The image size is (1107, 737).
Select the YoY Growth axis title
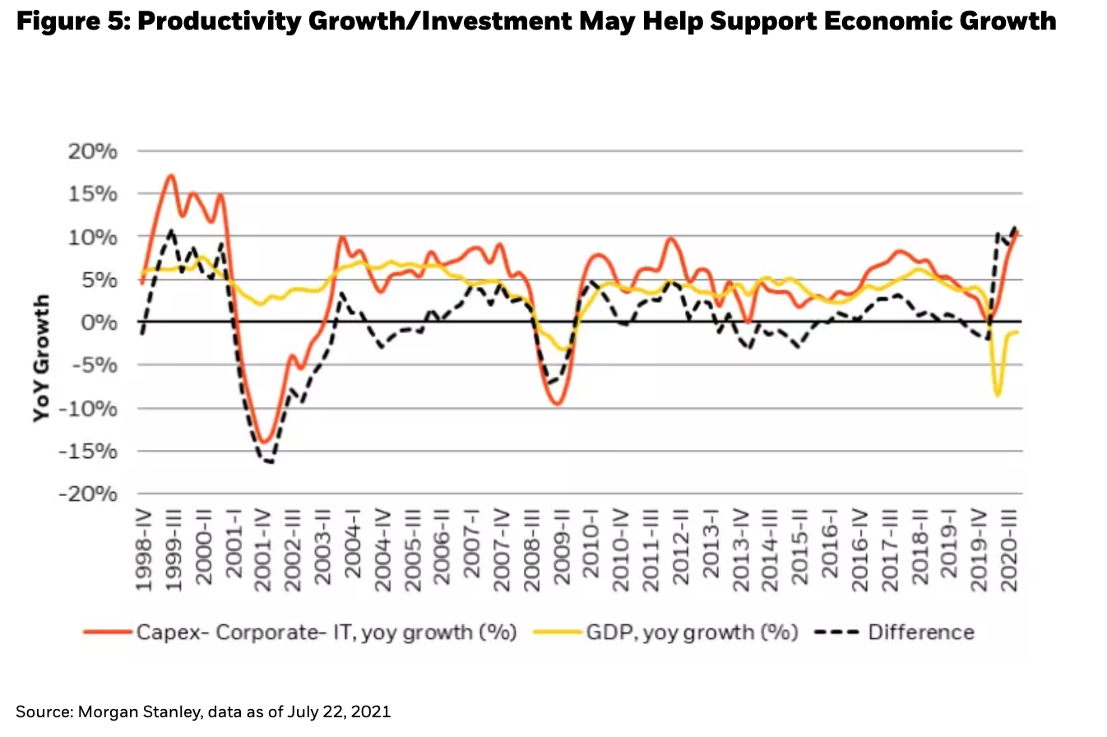pos(42,358)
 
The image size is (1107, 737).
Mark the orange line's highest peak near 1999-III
pos(170,175)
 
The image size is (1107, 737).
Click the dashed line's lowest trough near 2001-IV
pos(269,462)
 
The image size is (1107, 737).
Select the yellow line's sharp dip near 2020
pos(998,396)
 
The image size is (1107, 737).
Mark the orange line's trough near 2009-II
pos(558,404)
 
